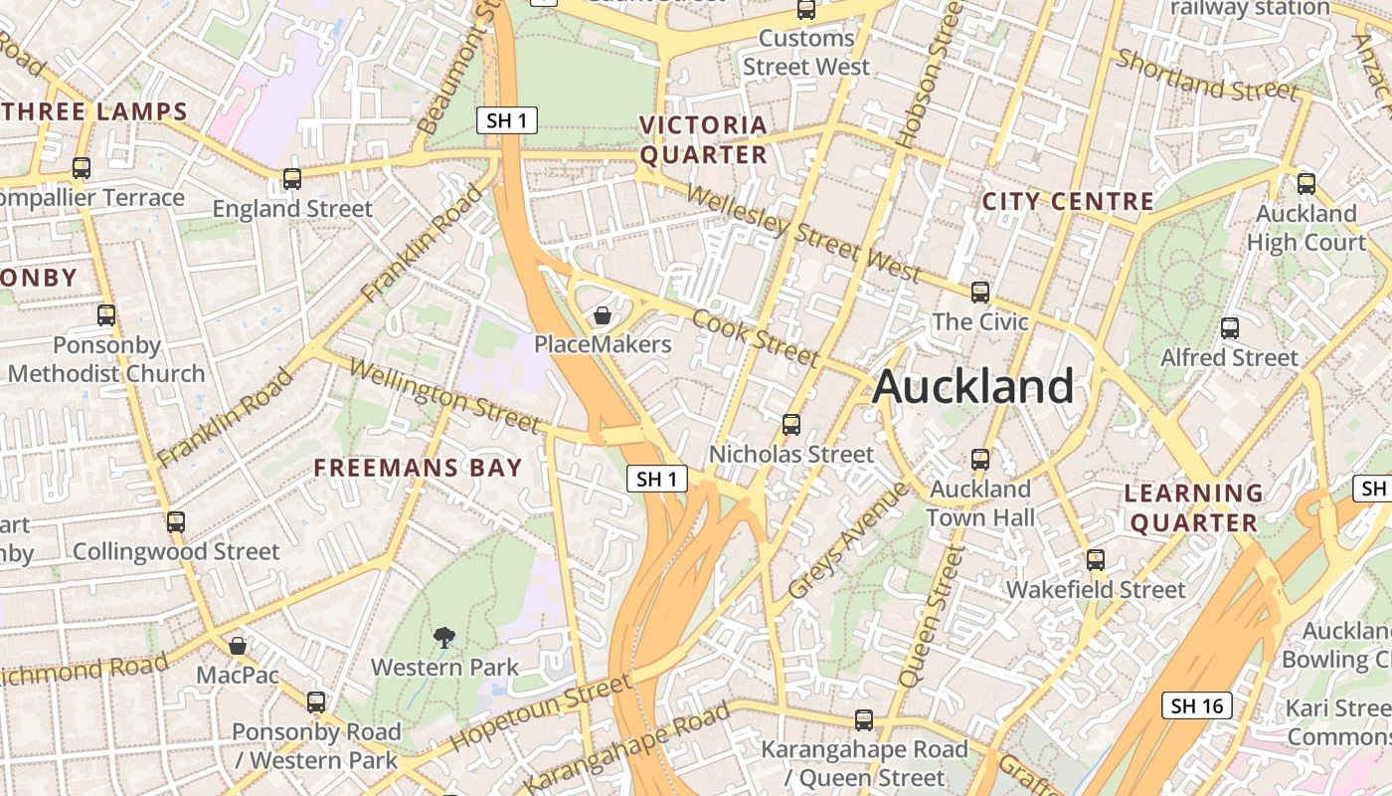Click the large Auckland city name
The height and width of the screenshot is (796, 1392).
click(x=973, y=386)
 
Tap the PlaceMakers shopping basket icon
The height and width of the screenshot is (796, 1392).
click(x=603, y=316)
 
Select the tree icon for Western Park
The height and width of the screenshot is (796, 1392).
click(x=444, y=637)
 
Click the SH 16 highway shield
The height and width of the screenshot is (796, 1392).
click(x=1196, y=705)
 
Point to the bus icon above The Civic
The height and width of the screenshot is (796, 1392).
click(x=980, y=292)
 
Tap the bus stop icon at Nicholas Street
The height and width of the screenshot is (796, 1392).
click(x=791, y=424)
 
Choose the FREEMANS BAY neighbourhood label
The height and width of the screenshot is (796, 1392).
click(x=418, y=468)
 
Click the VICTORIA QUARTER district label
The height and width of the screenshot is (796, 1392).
click(x=704, y=139)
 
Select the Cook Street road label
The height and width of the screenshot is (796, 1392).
click(x=756, y=337)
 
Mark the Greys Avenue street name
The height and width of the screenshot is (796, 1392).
click(x=847, y=540)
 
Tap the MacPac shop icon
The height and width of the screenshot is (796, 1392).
click(x=238, y=646)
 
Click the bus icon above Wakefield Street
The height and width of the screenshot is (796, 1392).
click(x=1096, y=560)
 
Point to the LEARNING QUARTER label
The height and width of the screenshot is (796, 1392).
click(x=1193, y=507)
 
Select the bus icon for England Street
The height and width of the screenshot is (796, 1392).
click(x=292, y=179)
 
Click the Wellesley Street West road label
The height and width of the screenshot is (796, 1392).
click(x=803, y=233)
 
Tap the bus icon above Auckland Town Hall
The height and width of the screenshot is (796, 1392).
click(x=980, y=459)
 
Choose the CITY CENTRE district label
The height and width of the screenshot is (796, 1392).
click(x=1068, y=201)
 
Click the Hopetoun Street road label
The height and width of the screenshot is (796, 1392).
click(x=540, y=712)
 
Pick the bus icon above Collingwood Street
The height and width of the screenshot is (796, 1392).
click(x=176, y=521)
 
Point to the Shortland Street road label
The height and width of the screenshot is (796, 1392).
click(x=1207, y=75)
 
